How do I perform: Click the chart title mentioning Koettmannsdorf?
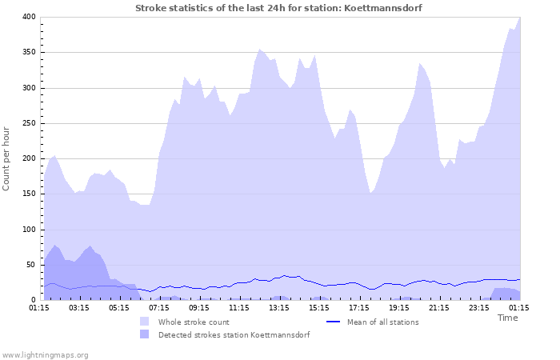[279, 8]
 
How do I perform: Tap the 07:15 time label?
[159, 307]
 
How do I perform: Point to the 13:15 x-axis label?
[279, 307]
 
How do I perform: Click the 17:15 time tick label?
[359, 307]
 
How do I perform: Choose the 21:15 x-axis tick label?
[439, 307]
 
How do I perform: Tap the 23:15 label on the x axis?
[479, 307]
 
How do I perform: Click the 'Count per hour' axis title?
[7, 158]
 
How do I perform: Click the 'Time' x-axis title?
[508, 318]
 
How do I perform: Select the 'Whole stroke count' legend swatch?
[144, 322]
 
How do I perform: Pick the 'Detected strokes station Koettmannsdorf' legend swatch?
[144, 334]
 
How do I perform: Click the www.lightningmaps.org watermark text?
[45, 354]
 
